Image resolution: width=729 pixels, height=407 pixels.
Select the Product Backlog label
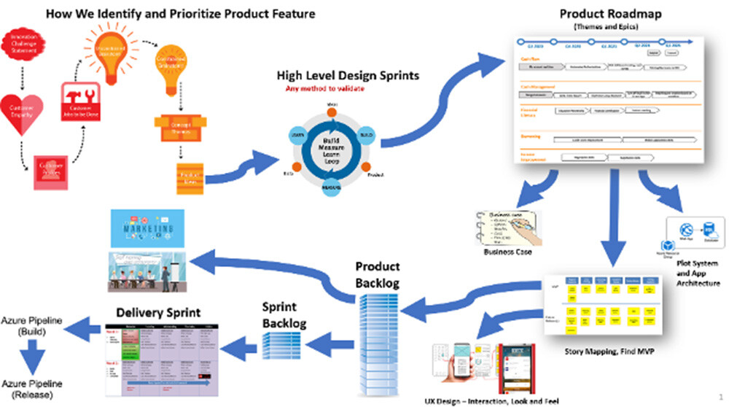[377, 275]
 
